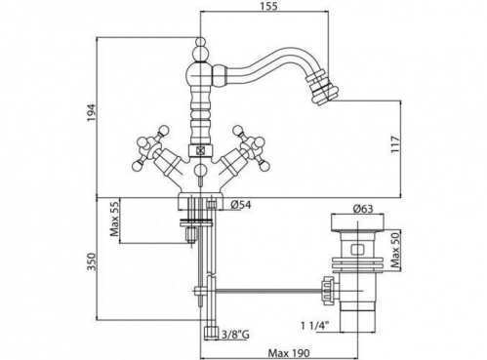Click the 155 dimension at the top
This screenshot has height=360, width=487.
tap(269, 6)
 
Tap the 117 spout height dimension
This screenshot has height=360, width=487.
tap(394, 145)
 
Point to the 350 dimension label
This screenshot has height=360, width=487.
tap(92, 261)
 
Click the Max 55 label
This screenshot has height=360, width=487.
tap(114, 221)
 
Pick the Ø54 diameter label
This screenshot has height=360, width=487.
tap(241, 205)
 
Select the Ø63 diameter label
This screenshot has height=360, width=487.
tap(362, 209)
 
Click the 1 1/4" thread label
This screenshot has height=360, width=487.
tap(315, 325)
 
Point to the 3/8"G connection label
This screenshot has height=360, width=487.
tap(235, 335)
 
